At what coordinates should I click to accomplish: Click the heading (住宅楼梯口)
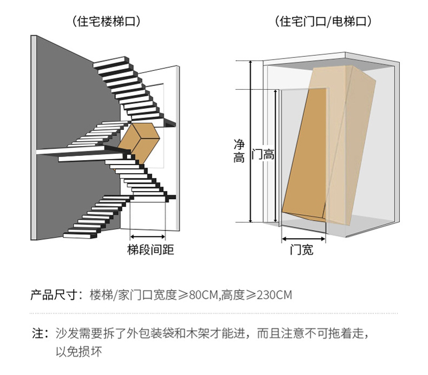tap(106, 22)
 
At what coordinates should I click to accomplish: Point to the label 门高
tap(264, 155)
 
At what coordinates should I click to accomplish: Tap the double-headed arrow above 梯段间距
tap(148, 236)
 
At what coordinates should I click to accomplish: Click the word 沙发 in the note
tap(66, 333)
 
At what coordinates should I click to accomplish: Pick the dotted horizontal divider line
tap(213, 313)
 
